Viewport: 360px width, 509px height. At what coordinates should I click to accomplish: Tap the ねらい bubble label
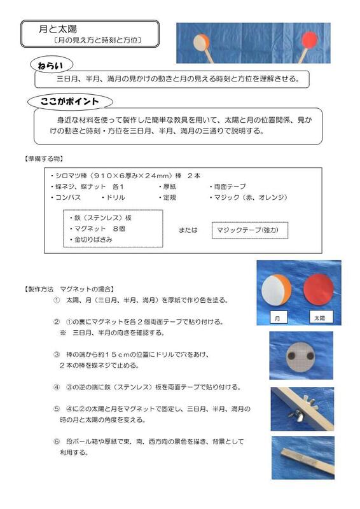pos(52,66)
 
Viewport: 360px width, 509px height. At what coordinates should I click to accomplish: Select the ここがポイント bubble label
pos(70,102)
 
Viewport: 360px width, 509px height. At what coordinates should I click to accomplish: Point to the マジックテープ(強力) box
pos(249,230)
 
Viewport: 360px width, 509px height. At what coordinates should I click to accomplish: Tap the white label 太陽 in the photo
pos(317,316)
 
